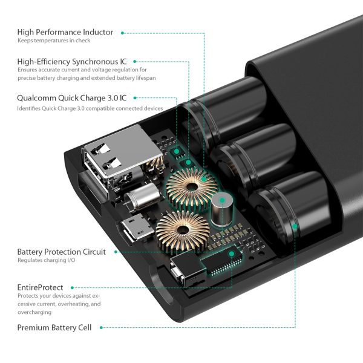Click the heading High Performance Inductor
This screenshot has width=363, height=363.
pyautogui.click(x=65, y=32)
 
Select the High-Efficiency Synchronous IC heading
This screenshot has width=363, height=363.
pyautogui.click(x=72, y=61)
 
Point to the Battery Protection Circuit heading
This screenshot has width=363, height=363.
pyautogui.click(x=61, y=252)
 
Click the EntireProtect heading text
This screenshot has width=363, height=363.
pyautogui.click(x=39, y=287)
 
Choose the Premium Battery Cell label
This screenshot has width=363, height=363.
pyautogui.click(x=54, y=327)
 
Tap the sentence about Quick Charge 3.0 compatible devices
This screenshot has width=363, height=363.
pyautogui.click(x=90, y=108)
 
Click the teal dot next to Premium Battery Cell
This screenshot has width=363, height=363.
pyautogui.click(x=101, y=327)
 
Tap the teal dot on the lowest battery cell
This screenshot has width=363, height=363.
pyautogui.click(x=295, y=227)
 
